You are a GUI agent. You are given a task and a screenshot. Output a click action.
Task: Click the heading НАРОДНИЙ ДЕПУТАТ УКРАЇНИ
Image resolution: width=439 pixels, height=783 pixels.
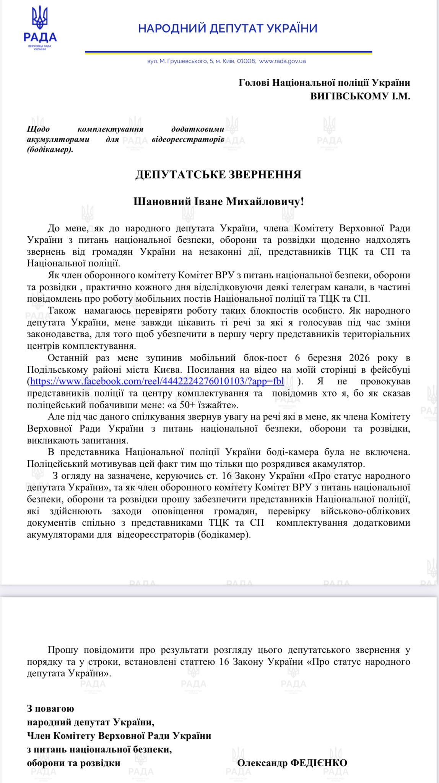pos(228,28)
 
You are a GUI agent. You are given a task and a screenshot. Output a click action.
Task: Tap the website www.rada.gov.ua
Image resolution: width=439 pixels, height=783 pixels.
pos(282,61)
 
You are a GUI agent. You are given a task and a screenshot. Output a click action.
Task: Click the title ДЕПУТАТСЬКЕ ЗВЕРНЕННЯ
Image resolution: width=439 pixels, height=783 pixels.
pos(218,175)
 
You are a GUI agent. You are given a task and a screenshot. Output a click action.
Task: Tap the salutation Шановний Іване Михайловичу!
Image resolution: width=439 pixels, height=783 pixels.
pos(218,201)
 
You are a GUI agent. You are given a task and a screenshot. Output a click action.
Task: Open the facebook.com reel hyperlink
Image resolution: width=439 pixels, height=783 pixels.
pos(157,381)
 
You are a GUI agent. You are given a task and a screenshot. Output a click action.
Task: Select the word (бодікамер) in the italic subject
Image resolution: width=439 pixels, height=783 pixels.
pos(50,149)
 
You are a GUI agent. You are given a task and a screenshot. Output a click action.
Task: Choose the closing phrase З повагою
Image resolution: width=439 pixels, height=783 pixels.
pos(50,708)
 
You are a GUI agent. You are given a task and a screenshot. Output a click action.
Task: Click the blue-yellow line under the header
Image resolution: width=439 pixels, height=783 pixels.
pos(228,52)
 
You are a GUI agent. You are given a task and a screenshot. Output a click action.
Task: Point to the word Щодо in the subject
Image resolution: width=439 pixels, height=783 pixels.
pos(38,129)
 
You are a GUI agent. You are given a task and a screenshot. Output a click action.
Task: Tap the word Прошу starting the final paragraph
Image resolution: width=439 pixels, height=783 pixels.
pos(63,650)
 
